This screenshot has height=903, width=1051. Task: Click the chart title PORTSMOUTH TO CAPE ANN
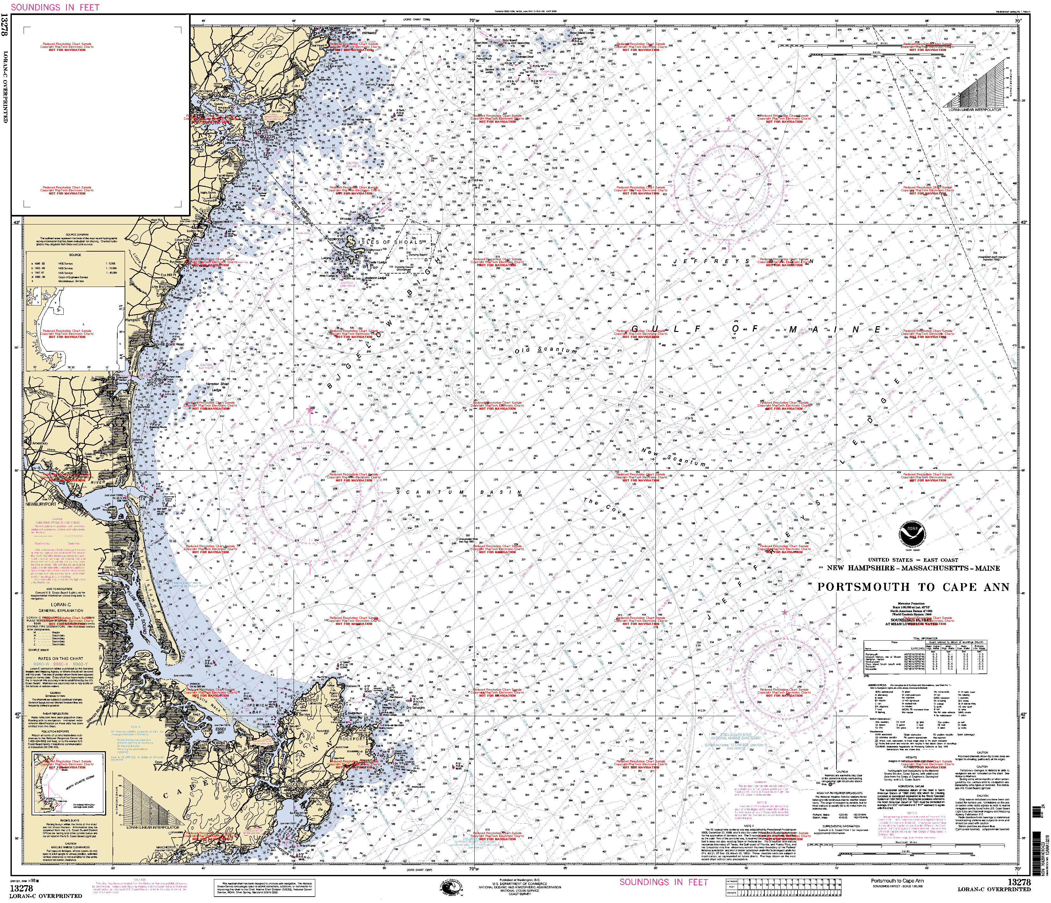[913, 587]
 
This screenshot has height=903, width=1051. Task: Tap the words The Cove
[604, 507]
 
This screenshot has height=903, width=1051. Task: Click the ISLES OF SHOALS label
[390, 243]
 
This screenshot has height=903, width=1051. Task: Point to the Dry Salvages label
[415, 708]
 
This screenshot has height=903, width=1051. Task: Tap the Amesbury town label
[40, 444]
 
